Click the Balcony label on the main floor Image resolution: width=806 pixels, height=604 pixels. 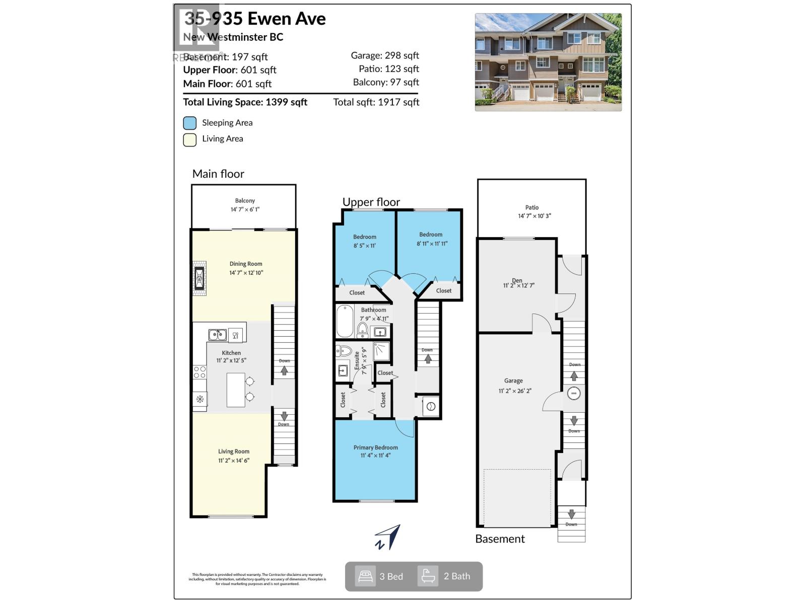coord(245,201)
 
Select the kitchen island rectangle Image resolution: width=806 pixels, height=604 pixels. coord(236,390)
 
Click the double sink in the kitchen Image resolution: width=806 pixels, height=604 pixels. coord(217,335)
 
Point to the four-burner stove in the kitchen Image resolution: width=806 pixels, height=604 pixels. coord(199,372)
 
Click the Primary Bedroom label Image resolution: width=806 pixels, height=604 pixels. coord(375,447)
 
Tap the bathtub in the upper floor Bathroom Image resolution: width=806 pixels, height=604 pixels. coord(345,321)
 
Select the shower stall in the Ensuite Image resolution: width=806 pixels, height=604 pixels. coord(381,352)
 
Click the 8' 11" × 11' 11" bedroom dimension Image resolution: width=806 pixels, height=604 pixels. coord(432,244)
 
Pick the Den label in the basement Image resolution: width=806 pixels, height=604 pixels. coord(517,280)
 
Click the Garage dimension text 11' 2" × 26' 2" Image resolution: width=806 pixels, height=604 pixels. coord(515,391)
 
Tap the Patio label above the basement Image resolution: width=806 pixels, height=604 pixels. coord(532,207)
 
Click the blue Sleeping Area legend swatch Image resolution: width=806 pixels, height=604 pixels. coord(190,123)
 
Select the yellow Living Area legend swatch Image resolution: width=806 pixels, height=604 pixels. coord(190,139)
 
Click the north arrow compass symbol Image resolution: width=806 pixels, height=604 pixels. coord(388,537)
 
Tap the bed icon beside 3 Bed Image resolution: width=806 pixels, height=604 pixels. coord(365,576)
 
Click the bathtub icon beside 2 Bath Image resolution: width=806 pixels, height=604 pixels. coord(428,576)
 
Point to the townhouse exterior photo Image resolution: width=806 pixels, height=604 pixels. coord(548,62)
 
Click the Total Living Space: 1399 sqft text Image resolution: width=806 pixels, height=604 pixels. coord(245,102)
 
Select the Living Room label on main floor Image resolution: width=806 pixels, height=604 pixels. coord(234,451)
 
